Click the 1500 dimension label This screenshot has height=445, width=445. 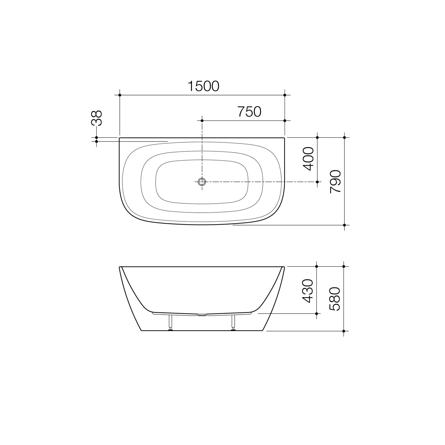tap(203, 86)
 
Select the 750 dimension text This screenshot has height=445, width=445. tap(249, 112)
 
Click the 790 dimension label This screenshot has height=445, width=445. tap(335, 182)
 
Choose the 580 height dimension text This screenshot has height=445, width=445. tap(335, 299)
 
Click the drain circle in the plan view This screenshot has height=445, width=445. tap(202, 182)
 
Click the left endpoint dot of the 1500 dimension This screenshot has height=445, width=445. tap(120, 95)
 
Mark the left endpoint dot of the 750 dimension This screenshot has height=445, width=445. tap(202, 121)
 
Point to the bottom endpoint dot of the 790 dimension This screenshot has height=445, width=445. tap(344, 225)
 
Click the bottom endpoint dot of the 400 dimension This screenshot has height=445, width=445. tap(317, 182)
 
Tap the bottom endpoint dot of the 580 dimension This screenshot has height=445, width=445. tap(344, 331)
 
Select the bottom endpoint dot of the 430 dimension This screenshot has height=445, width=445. tap(316, 314)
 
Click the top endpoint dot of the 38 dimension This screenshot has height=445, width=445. tap(96, 138)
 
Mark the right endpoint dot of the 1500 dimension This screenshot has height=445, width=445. tap(285, 95)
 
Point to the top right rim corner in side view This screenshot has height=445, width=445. tap(284, 267)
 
